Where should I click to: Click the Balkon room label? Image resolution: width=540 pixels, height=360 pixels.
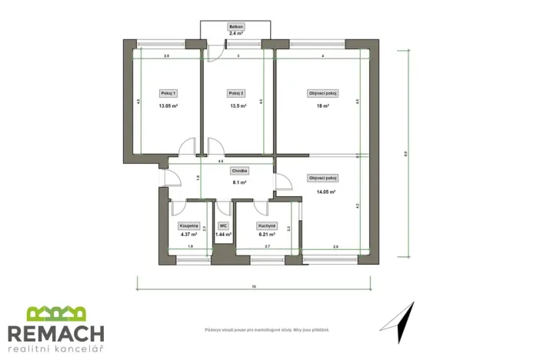click(236, 27)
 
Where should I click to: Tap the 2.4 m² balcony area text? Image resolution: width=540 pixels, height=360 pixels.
click(236, 34)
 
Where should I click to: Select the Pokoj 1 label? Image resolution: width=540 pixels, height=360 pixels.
click(168, 93)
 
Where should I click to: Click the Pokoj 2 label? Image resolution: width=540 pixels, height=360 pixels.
click(236, 93)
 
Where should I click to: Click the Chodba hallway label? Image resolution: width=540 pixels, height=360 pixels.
click(238, 170)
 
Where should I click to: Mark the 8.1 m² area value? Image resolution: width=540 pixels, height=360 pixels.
click(238, 182)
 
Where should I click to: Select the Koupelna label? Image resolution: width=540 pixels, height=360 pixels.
click(189, 225)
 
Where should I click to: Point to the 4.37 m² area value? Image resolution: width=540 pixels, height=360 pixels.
click(189, 234)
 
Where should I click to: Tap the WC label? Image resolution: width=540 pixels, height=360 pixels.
click(223, 225)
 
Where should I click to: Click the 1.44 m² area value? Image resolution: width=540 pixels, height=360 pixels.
click(224, 234)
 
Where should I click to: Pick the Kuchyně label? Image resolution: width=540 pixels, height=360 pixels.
click(267, 225)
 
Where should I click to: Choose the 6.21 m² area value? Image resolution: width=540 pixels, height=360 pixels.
click(267, 234)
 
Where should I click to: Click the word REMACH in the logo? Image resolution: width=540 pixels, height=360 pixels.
click(55, 333)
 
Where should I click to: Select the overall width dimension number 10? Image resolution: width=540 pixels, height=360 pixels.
click(254, 286)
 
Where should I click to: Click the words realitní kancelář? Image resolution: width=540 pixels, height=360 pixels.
click(55, 350)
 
